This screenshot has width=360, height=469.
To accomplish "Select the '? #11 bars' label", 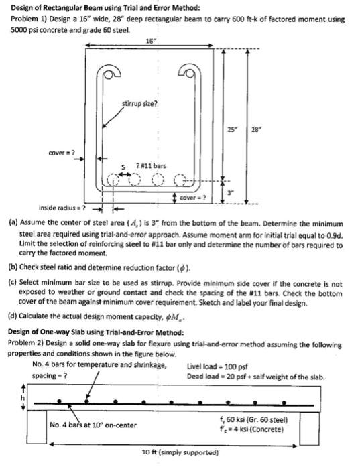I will tap(152, 166).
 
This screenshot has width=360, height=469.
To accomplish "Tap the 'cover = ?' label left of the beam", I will tap(61, 150).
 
